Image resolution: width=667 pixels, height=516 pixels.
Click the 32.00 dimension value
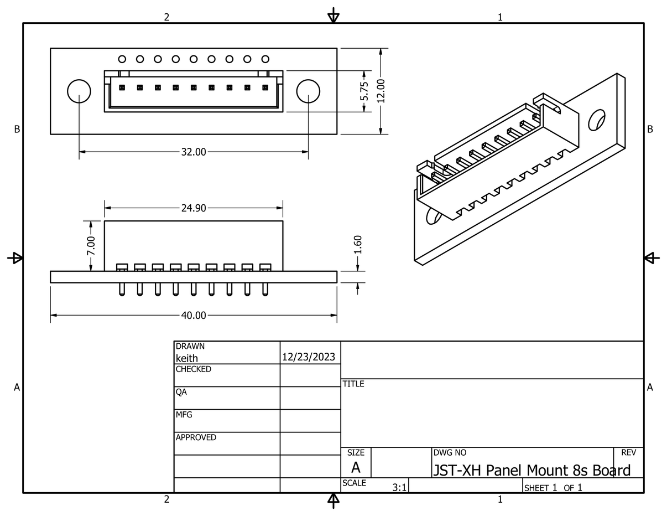[193, 152]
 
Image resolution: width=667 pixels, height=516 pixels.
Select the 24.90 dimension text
[193, 208]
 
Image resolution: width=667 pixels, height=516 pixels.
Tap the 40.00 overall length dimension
[193, 316]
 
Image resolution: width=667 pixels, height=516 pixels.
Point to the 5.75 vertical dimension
[364, 91]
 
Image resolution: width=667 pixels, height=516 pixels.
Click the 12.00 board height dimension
[381, 91]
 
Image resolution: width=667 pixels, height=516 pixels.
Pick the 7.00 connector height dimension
[91, 246]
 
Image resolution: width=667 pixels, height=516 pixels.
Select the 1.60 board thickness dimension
[357, 245]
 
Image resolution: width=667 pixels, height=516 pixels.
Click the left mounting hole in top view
[79, 91]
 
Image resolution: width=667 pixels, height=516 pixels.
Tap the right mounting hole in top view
[308, 91]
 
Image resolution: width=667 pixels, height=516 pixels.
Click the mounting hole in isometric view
[597, 120]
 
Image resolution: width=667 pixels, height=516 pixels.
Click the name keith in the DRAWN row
[186, 358]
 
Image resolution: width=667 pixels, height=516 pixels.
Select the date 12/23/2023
[309, 357]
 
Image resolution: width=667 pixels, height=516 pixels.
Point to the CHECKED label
[193, 369]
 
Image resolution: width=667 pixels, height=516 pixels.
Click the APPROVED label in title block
[196, 437]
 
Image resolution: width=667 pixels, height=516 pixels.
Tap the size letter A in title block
[356, 467]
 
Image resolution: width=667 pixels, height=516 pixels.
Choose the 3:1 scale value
[399, 488]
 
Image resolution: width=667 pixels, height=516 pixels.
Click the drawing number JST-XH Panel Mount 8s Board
[531, 471]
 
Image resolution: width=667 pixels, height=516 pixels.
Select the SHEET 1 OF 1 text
[553, 488]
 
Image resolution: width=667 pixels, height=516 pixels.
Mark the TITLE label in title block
[353, 384]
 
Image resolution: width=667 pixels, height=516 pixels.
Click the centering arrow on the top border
[333, 16]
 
